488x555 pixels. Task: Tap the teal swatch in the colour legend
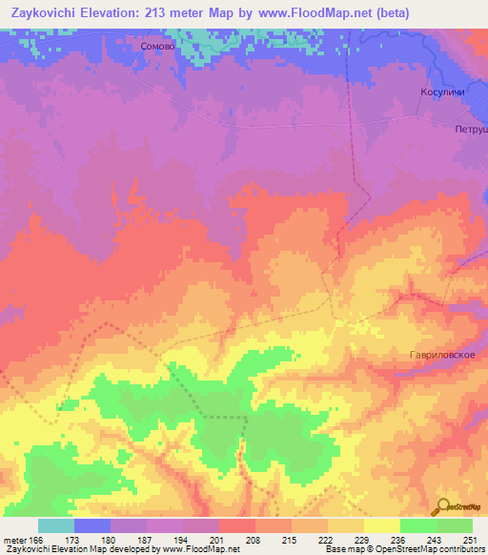(x=55, y=525)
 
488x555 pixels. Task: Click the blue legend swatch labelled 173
(x=92, y=525)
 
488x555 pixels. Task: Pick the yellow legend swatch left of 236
(x=346, y=525)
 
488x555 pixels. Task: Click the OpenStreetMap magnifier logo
(x=443, y=507)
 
